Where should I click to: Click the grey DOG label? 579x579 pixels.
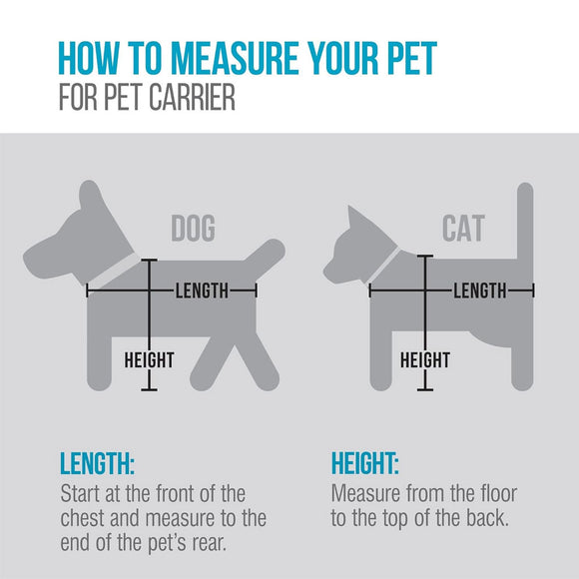[193, 229]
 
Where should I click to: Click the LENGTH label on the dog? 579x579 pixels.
[203, 290]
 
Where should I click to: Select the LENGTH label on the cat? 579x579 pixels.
[480, 290]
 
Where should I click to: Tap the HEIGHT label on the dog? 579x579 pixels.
[149, 359]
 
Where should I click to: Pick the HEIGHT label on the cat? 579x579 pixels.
[425, 359]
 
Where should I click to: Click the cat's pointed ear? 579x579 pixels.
[352, 215]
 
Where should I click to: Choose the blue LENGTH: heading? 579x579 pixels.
[98, 465]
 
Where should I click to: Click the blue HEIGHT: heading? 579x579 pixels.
[364, 465]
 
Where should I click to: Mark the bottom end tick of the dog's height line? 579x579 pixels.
[149, 388]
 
